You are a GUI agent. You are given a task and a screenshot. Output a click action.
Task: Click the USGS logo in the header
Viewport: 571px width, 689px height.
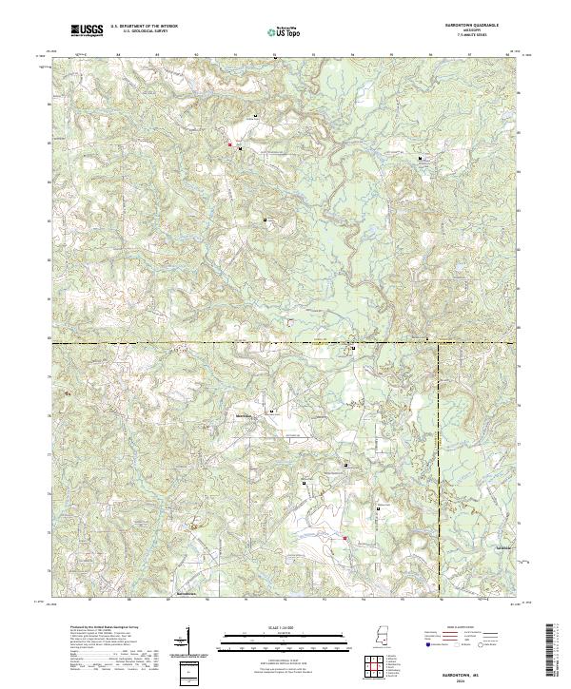point(88,30)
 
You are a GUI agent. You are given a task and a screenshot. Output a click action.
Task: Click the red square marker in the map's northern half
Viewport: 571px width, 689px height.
point(229,144)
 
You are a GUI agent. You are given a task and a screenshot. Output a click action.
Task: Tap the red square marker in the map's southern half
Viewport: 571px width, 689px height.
point(345,540)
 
